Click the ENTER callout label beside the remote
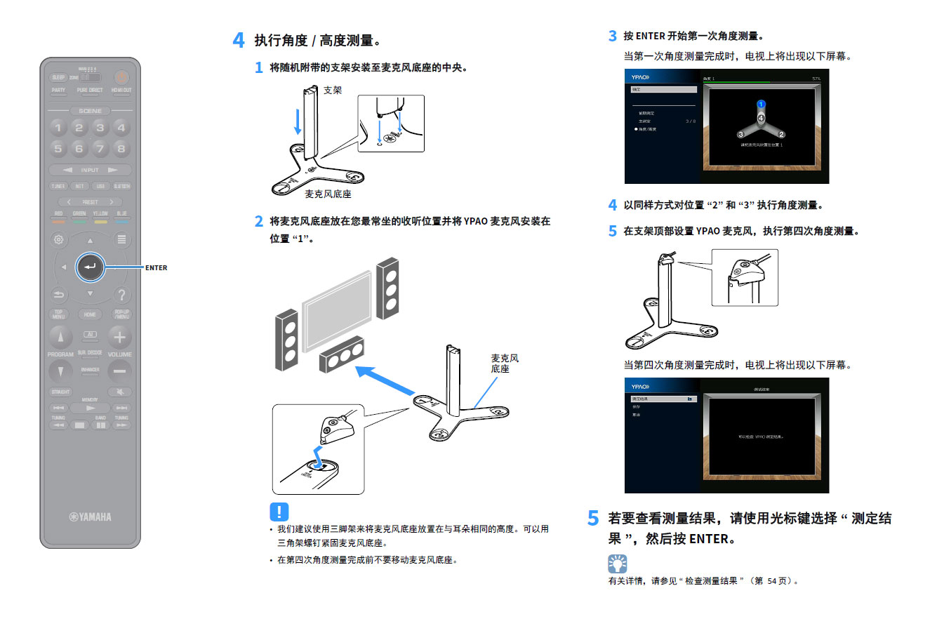[156, 267]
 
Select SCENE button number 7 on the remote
[100, 149]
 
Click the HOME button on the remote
[90, 314]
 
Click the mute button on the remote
[120, 392]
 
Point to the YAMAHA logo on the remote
[90, 517]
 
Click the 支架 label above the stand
[333, 91]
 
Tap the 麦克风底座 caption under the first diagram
[328, 194]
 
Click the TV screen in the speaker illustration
[337, 312]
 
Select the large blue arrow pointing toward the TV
[385, 380]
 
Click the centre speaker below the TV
[341, 354]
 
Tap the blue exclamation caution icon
[279, 512]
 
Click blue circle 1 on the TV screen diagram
[761, 105]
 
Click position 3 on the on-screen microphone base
[740, 134]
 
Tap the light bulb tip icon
[617, 563]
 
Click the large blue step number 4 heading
[239, 40]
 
